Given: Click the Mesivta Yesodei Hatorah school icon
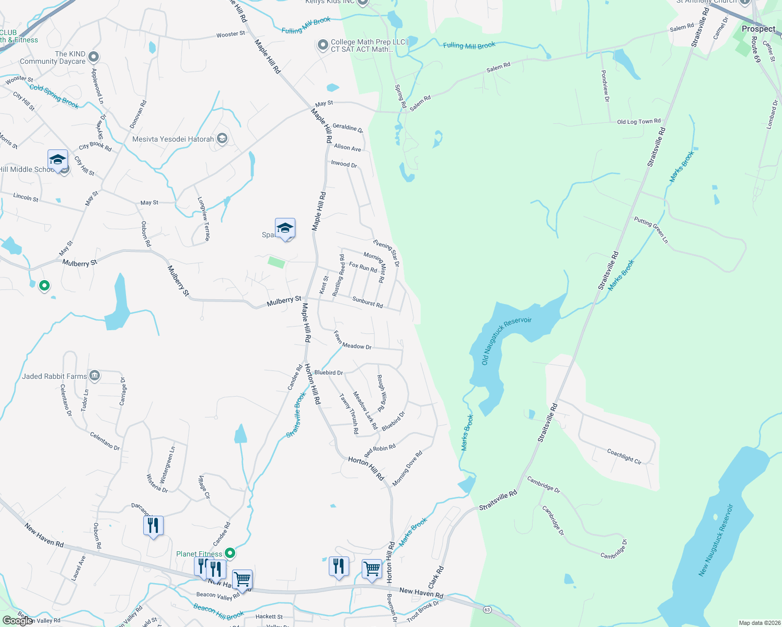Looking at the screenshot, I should click(222, 138).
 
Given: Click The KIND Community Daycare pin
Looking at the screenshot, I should click(94, 56).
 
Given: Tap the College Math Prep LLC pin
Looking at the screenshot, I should click(323, 45).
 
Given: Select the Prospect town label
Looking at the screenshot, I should click(758, 29).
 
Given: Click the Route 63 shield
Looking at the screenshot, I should click(487, 609).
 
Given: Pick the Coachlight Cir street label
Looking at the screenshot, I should click(624, 456).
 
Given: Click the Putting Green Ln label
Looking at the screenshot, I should click(651, 230).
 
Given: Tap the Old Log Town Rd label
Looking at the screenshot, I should click(638, 121).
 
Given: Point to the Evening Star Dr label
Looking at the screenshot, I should click(386, 252).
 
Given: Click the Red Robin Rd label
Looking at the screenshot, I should click(380, 450).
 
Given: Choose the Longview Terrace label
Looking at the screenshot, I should click(203, 218).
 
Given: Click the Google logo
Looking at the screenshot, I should click(17, 621).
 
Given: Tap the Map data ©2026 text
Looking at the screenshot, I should click(758, 623).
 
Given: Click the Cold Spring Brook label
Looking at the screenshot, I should click(54, 96).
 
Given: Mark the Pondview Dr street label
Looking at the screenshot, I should click(605, 86).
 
